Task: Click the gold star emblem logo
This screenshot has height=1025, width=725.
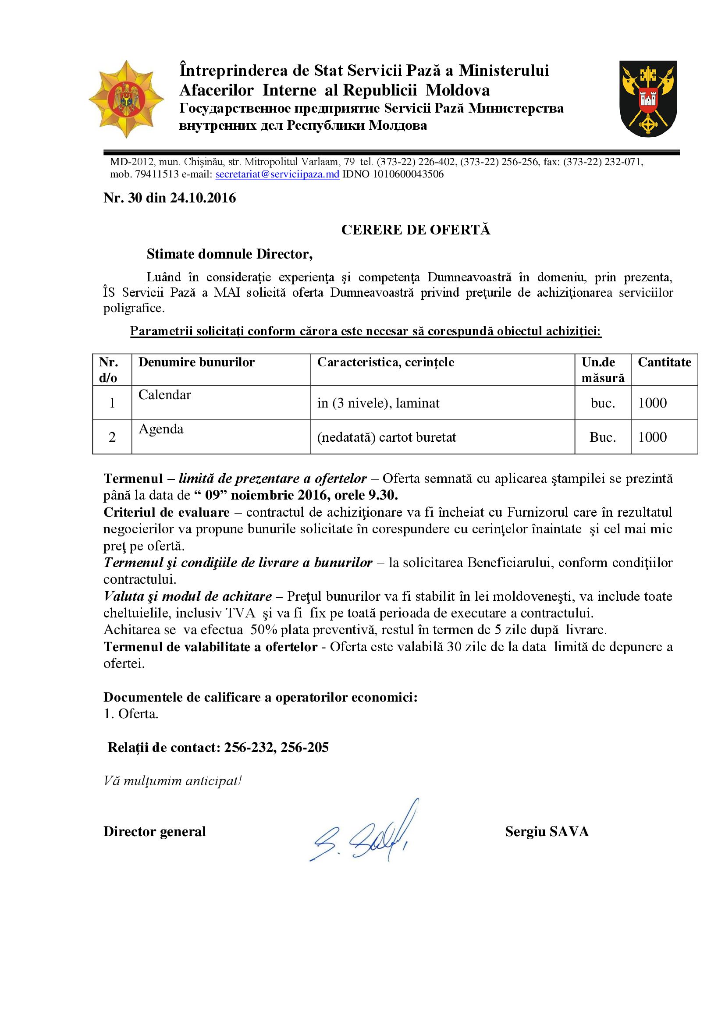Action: pyautogui.click(x=126, y=99)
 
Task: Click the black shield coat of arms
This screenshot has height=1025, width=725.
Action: pyautogui.click(x=648, y=99)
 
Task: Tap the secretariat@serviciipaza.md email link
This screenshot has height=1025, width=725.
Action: pyautogui.click(x=277, y=174)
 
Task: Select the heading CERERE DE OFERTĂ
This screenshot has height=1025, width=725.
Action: pyautogui.click(x=416, y=230)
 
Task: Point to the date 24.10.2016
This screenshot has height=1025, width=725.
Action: pyautogui.click(x=203, y=198)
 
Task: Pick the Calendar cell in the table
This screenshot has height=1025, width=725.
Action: pyautogui.click(x=165, y=395)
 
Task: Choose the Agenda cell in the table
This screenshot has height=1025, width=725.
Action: pyautogui.click(x=161, y=429)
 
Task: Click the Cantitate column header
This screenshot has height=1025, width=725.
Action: pyautogui.click(x=664, y=362)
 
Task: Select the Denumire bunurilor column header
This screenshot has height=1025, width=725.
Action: pyautogui.click(x=196, y=362)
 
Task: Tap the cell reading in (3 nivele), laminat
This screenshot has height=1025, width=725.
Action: pyautogui.click(x=378, y=403)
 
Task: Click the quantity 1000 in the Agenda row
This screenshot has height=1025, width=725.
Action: pyautogui.click(x=652, y=437)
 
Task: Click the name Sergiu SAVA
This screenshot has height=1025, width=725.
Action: pyautogui.click(x=547, y=831)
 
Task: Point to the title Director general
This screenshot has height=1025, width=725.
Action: pyautogui.click(x=154, y=831)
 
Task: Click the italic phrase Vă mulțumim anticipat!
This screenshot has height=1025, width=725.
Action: pyautogui.click(x=172, y=781)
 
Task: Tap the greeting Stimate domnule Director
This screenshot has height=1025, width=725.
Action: pyautogui.click(x=229, y=254)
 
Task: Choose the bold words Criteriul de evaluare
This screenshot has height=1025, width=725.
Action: pyautogui.click(x=167, y=512)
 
